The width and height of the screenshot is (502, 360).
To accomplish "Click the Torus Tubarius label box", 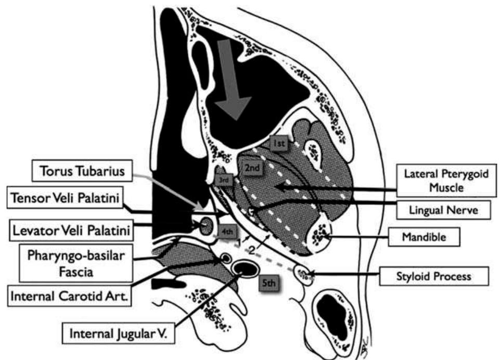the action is click(82, 171).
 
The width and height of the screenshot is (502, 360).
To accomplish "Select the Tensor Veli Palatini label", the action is click(65, 198).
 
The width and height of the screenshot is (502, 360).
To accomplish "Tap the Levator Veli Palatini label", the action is click(71, 230).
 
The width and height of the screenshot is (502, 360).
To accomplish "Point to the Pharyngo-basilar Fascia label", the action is click(76, 263).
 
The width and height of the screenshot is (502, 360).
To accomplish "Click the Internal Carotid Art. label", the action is click(70, 296).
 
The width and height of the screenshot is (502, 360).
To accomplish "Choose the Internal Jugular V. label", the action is click(118, 333).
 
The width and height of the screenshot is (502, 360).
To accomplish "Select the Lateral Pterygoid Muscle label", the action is click(446, 181).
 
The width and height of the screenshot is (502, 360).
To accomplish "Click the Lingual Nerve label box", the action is click(443, 210).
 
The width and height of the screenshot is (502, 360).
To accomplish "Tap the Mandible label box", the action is click(424, 237).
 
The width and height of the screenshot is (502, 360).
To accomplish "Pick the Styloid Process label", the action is click(434, 276).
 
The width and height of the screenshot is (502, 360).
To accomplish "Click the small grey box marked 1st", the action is click(279, 143).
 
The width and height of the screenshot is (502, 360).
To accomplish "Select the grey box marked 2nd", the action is click(252, 168).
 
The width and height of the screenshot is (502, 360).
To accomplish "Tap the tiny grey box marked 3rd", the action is click(224, 181).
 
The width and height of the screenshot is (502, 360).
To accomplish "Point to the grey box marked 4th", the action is click(227, 232).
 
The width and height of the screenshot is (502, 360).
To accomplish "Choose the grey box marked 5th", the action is click(269, 283).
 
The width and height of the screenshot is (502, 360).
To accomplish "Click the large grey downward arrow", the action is click(231, 80).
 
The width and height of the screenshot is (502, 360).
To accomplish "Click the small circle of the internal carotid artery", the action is click(226, 258).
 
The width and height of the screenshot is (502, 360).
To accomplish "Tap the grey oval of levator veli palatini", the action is click(205, 226).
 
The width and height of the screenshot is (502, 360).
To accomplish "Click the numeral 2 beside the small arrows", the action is click(252, 250).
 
